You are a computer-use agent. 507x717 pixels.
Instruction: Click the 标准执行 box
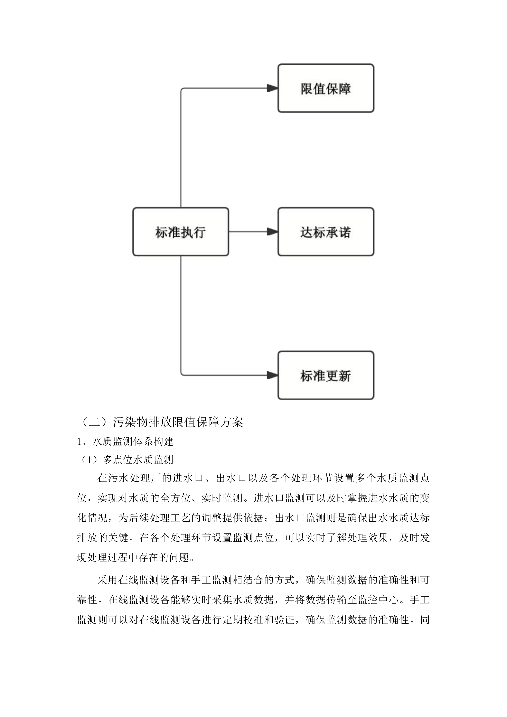[180, 232]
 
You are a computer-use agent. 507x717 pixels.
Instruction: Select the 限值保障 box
[326, 88]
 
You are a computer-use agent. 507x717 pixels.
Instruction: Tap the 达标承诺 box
[326, 232]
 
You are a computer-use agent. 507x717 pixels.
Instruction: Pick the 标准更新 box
[326, 375]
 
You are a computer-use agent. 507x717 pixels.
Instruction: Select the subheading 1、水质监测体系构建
[125, 441]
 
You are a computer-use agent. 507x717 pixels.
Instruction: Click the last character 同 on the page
[425, 620]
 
